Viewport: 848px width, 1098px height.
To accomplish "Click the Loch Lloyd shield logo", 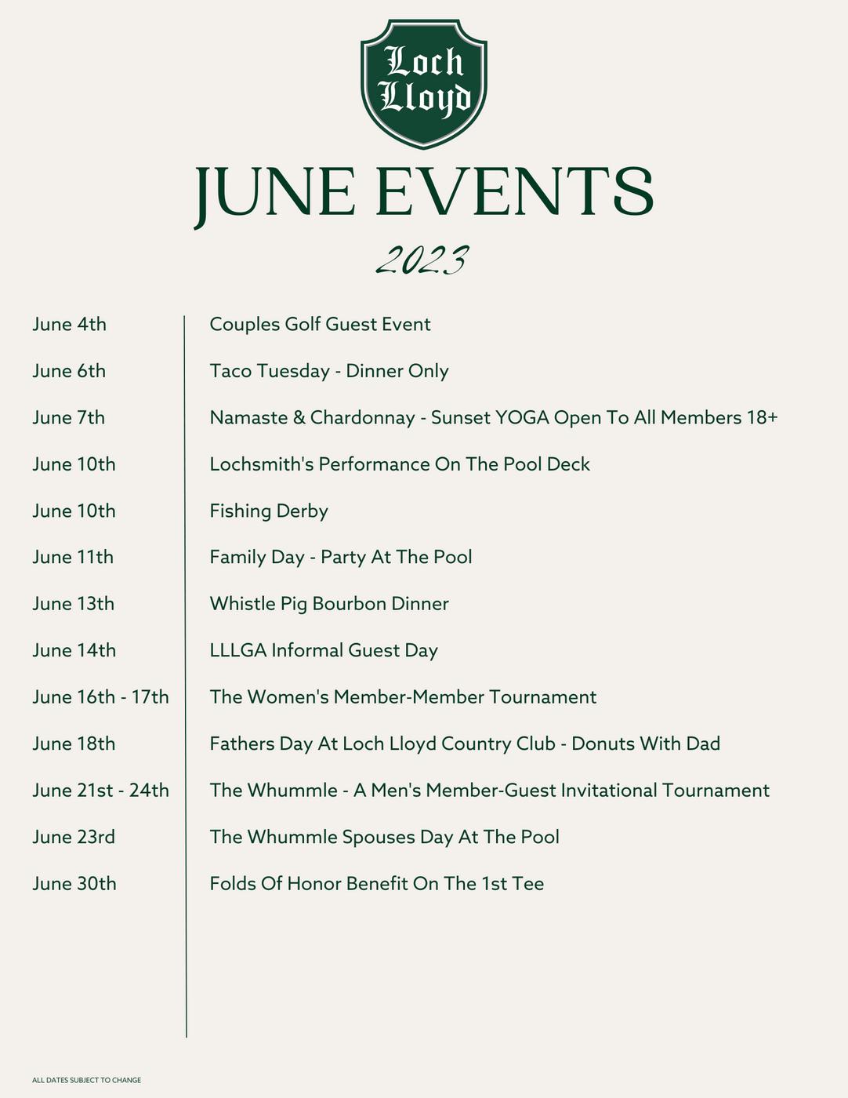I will click(423, 82).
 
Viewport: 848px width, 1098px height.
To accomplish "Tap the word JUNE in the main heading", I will click(274, 192).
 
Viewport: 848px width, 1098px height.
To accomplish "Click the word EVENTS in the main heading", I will click(514, 192).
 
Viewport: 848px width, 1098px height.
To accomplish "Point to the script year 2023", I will click(422, 260).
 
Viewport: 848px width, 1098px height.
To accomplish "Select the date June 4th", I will click(69, 325).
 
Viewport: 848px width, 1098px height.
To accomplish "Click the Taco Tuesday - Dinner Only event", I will click(328, 371).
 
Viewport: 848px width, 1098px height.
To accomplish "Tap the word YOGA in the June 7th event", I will click(522, 417).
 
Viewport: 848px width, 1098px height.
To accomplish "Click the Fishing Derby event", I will click(268, 511).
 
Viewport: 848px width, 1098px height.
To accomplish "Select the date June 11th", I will click(73, 558).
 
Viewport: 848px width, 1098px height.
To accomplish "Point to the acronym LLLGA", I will click(237, 650).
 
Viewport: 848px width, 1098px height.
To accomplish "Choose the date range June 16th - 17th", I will click(100, 697).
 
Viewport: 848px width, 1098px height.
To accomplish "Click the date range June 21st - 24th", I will click(100, 791).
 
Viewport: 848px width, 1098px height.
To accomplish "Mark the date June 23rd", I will click(74, 837).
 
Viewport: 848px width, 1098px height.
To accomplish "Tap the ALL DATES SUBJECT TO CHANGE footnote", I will click(86, 1081).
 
